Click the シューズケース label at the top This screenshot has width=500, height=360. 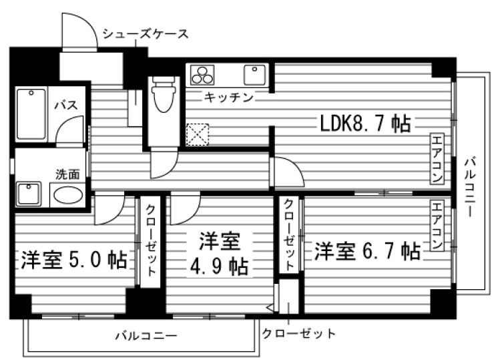tap(145, 34)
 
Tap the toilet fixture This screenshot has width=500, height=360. tap(162, 96)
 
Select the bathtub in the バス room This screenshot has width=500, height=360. tap(30, 114)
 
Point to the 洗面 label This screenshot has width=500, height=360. tap(67, 174)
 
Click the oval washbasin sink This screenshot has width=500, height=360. tap(67, 195)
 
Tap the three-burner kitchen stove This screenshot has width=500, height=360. tap(202, 74)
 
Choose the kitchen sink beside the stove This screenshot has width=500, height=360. tap(256, 74)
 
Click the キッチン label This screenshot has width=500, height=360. tap(229, 98)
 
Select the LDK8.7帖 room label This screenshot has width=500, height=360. tap(364, 124)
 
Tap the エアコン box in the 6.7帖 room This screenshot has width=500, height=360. tap(437, 225)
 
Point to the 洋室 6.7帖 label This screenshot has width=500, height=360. tap(367, 252)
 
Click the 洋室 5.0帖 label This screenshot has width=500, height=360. tap(73, 258)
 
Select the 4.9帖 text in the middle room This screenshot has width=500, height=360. tap(218, 266)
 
